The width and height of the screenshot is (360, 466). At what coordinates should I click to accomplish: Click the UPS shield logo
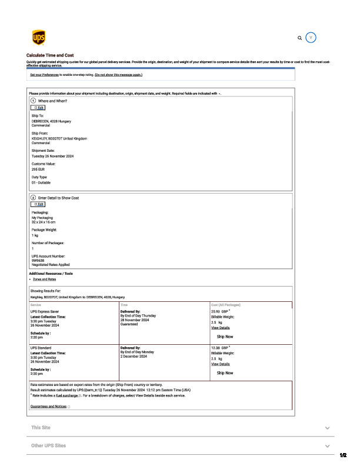pos(37,38)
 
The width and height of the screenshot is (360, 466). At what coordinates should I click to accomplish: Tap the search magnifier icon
pos(300,38)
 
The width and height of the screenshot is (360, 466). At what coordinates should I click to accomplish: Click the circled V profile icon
pos(312,37)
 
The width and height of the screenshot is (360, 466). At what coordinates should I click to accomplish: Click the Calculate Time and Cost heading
pos(50,55)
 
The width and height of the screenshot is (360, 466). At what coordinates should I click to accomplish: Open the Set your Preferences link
pos(45,75)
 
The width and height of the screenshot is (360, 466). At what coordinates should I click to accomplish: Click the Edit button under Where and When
pos(38,108)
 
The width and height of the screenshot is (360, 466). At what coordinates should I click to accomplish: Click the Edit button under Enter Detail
pos(38,204)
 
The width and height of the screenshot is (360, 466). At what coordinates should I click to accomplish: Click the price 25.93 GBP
pos(220,311)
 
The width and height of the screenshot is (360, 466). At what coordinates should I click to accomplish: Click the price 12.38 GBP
pos(220,348)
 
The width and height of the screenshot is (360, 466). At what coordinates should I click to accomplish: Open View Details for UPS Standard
pos(220,364)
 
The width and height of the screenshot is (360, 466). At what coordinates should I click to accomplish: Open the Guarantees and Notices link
pos(48,407)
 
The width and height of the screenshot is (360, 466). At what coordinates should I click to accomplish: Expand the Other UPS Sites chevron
pos(327,446)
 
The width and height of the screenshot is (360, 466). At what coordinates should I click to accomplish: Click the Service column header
pos(35,305)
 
